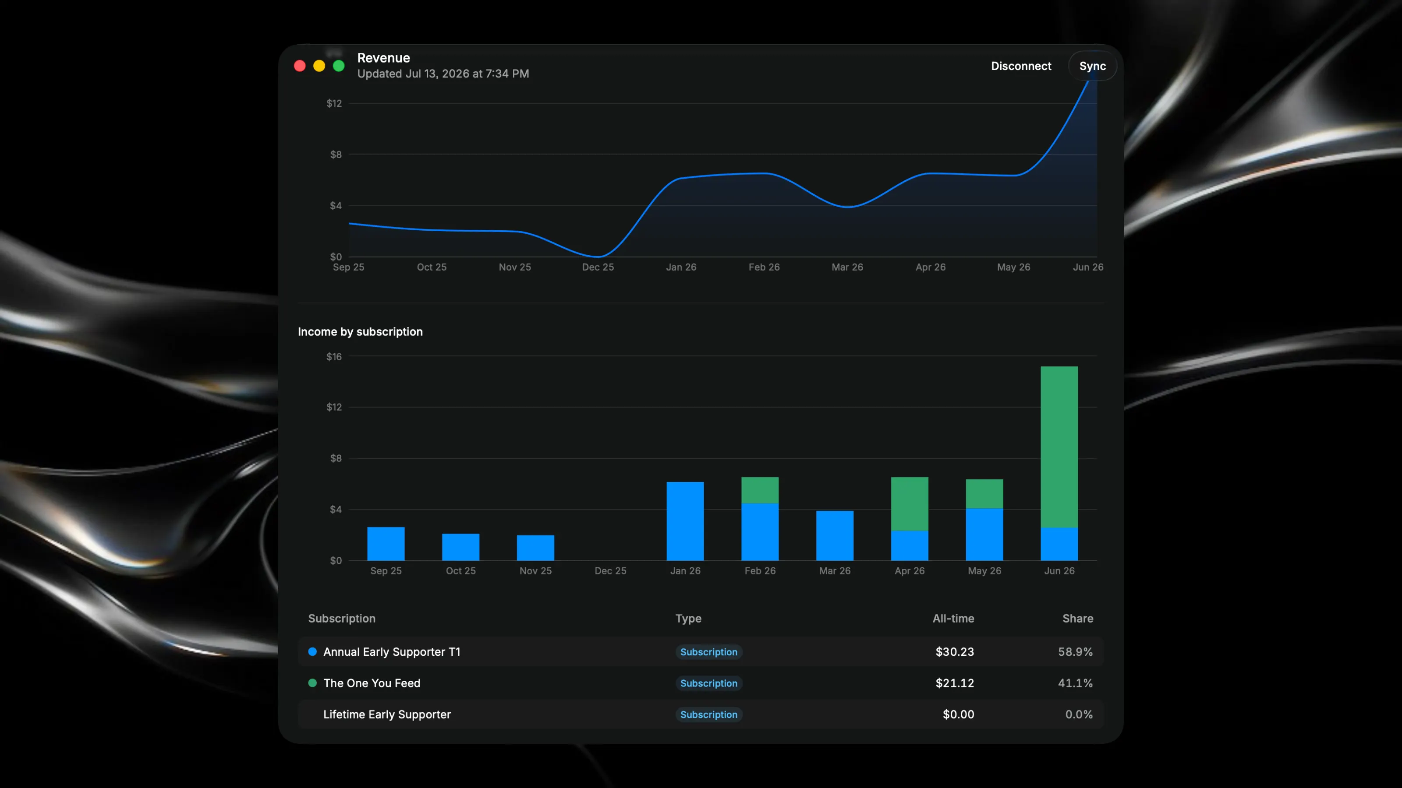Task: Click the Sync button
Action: [1092, 66]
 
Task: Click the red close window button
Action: [300, 66]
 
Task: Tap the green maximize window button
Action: [339, 66]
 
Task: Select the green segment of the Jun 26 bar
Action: [1059, 447]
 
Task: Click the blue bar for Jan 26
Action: [685, 521]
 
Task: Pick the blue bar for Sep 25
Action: [386, 544]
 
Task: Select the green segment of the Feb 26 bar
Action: [760, 490]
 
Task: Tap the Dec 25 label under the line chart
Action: [598, 267]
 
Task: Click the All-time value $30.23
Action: [955, 651]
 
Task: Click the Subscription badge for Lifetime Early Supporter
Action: [708, 714]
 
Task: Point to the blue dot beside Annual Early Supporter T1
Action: [312, 651]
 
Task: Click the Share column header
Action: [1078, 618]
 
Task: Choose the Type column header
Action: [688, 618]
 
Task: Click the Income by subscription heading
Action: [360, 332]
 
